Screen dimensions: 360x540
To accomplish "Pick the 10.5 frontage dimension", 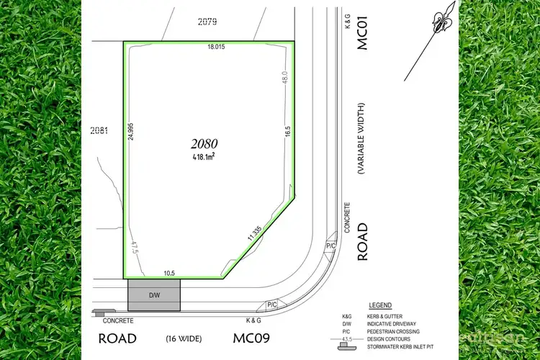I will pos(169,273).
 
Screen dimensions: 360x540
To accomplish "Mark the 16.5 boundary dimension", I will pos(287,132).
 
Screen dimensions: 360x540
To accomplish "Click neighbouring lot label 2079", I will pos(207,22).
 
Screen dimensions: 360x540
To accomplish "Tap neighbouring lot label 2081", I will pos(100,130).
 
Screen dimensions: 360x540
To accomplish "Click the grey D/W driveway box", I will pos(153,295).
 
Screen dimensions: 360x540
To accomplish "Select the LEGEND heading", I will pos(379,306).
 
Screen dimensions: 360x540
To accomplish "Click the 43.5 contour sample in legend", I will pos(348,338).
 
